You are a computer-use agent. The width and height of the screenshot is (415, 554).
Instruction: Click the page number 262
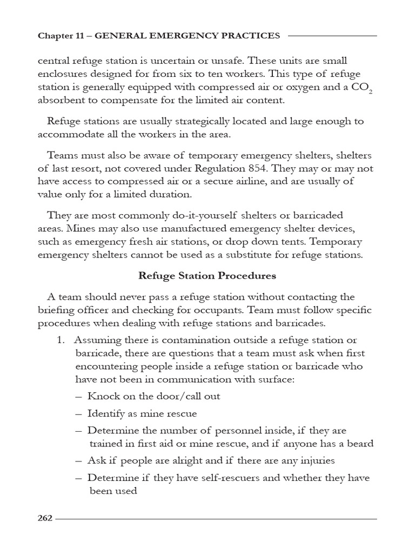tap(45, 518)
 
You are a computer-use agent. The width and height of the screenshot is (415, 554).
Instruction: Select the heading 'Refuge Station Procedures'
tap(207, 275)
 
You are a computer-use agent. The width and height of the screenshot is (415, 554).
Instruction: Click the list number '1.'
tap(61, 340)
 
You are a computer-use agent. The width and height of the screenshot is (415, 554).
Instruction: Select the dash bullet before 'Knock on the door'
tap(79, 396)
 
